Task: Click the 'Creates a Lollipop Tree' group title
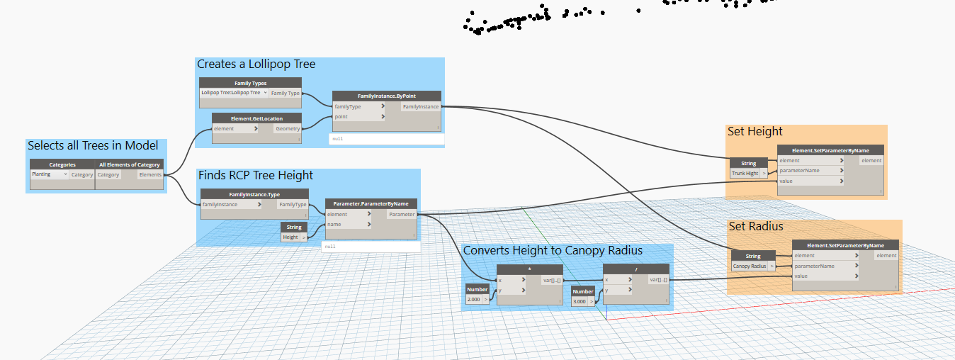256,64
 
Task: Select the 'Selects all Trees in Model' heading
93,145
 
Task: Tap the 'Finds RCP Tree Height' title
256,176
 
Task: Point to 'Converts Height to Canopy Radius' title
553,250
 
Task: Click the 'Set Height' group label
755,132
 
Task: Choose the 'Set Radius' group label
756,227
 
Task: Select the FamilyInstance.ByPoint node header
386,96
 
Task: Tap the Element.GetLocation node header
256,118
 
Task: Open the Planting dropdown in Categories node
49,174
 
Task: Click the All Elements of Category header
130,164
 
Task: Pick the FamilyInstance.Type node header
254,193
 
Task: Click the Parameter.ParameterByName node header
371,203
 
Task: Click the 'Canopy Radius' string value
750,266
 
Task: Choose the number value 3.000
580,302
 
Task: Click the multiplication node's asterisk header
529,269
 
